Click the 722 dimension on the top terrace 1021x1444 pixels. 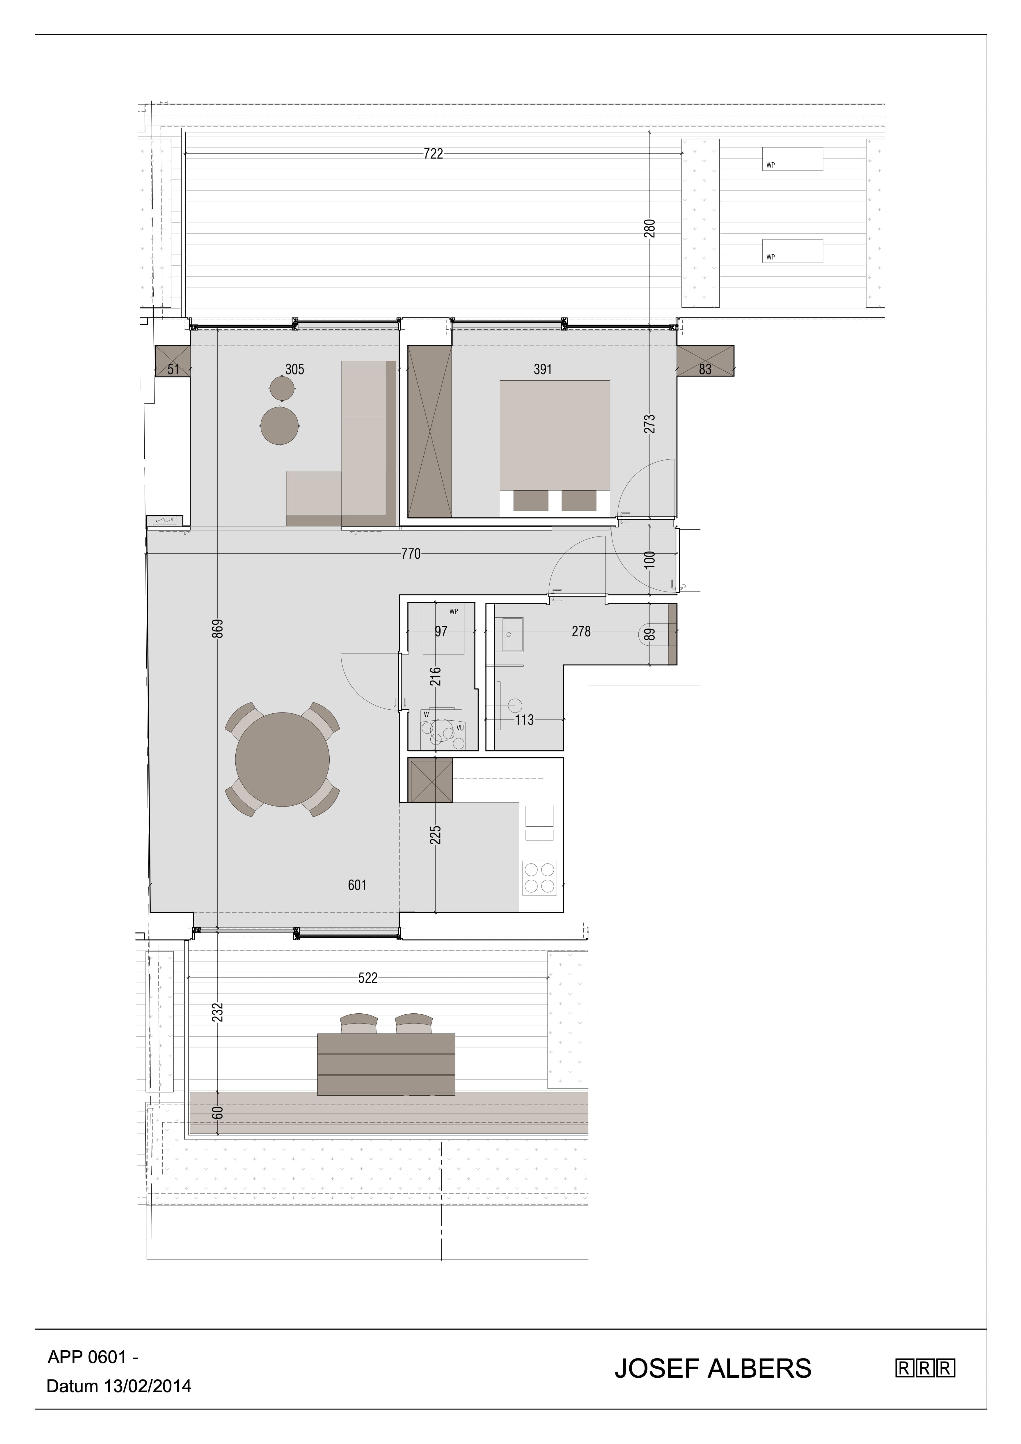pyautogui.click(x=434, y=153)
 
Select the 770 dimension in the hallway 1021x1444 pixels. pyautogui.click(x=411, y=554)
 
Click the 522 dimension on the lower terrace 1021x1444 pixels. pyautogui.click(x=368, y=978)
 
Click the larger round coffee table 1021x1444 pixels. pyautogui.click(x=279, y=426)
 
